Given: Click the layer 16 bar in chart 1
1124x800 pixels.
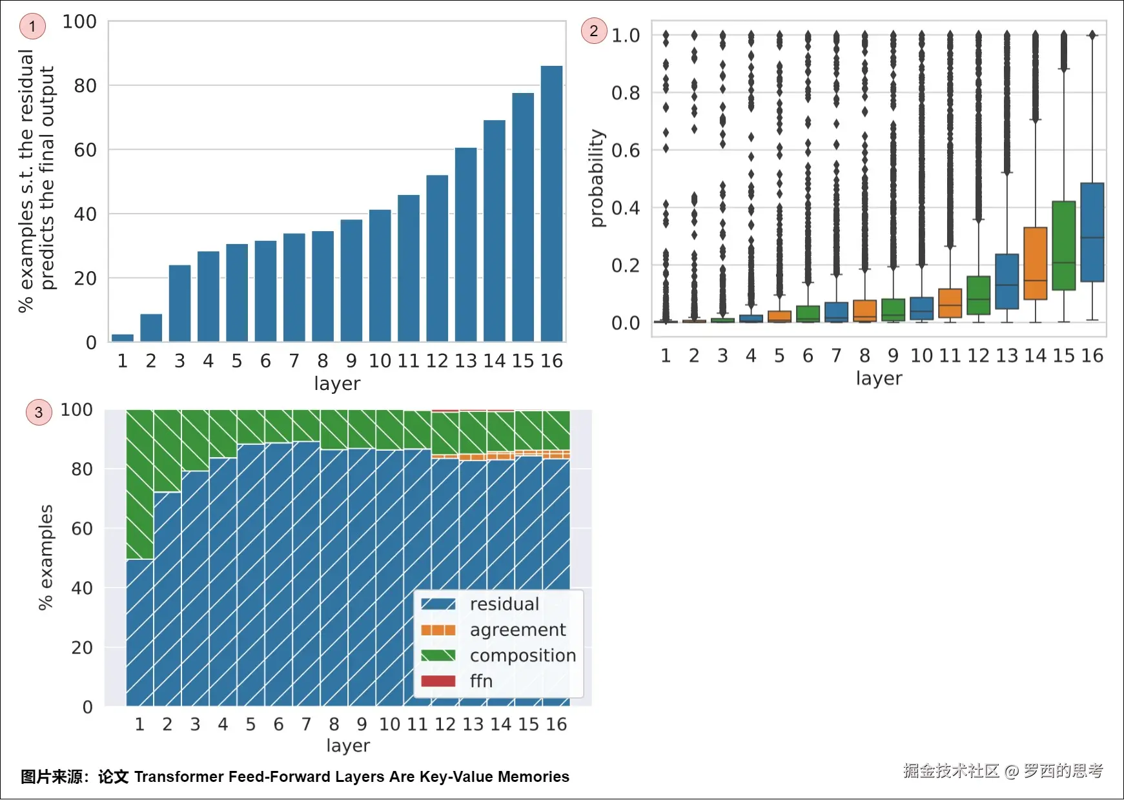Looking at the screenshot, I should pyautogui.click(x=551, y=203).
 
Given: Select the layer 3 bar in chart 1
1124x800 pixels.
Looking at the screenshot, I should pyautogui.click(x=179, y=303).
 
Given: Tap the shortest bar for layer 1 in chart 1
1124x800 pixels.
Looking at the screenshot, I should pyautogui.click(x=123, y=338).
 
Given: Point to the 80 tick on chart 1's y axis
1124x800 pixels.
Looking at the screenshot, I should pyautogui.click(x=85, y=86).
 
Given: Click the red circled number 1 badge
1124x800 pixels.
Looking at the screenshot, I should pyautogui.click(x=32, y=26).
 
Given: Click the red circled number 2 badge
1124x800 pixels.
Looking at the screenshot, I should pyautogui.click(x=594, y=30).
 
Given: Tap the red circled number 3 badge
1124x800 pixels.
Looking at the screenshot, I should pyautogui.click(x=39, y=413).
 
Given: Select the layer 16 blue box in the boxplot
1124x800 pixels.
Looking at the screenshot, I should pyautogui.click(x=1092, y=232).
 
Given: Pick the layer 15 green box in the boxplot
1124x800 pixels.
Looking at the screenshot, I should pyautogui.click(x=1063, y=245).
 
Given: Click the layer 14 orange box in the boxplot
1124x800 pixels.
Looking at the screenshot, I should pyautogui.click(x=1035, y=263).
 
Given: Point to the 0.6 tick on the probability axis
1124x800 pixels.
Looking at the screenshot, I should pyautogui.click(x=626, y=150).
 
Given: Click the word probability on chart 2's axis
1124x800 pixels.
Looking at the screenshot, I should pyautogui.click(x=598, y=178).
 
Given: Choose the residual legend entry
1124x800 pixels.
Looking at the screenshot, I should pyautogui.click(x=504, y=604).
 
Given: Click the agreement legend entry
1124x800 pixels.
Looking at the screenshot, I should pyautogui.click(x=517, y=630).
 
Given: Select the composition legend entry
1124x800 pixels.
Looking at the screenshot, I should pyautogui.click(x=522, y=656).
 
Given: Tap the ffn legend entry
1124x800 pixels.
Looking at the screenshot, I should pyautogui.click(x=481, y=682).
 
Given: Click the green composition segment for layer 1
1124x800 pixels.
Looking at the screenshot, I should pyautogui.click(x=139, y=484).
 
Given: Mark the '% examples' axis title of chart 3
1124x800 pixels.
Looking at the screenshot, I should pyautogui.click(x=45, y=557).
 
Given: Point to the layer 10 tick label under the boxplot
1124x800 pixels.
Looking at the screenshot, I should pyautogui.click(x=921, y=356).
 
